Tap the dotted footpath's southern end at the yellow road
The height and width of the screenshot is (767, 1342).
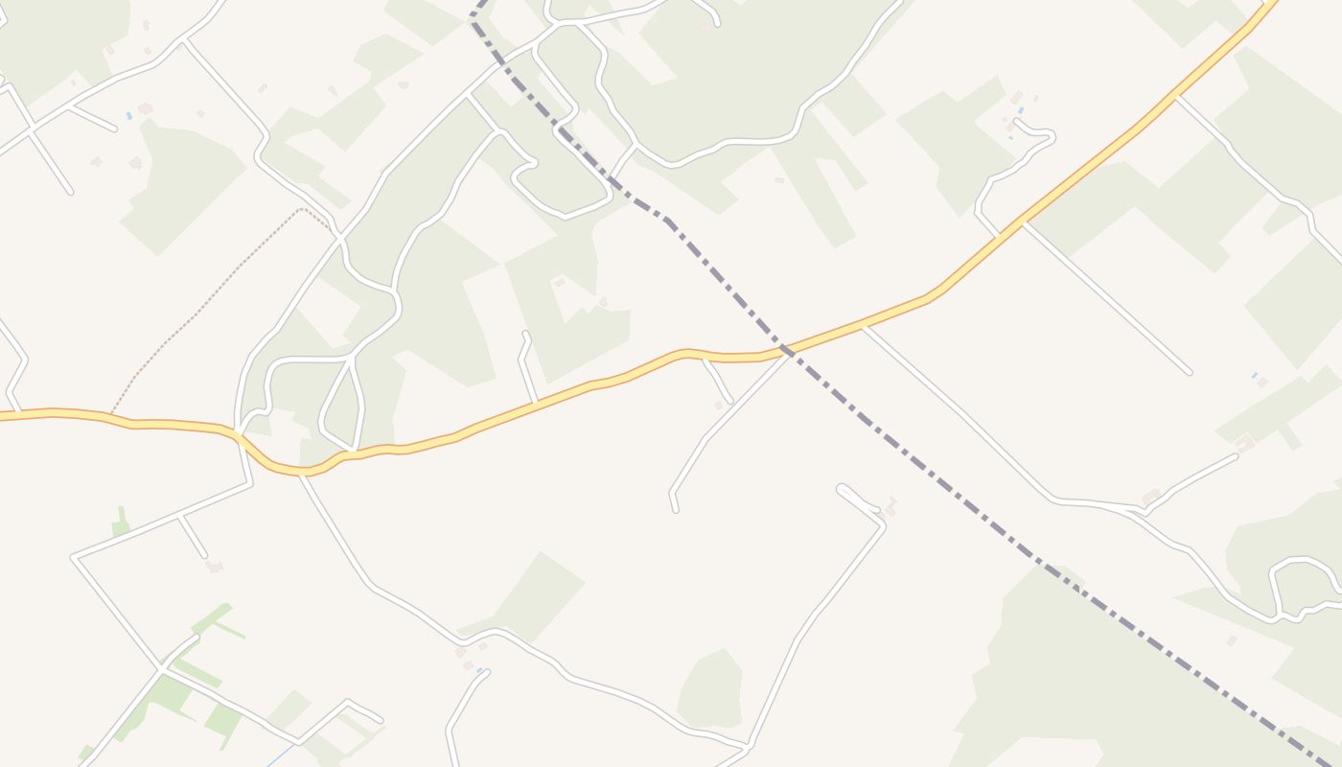111,415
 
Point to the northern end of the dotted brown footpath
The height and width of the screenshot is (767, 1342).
303,208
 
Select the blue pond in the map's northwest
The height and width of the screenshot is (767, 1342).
128,115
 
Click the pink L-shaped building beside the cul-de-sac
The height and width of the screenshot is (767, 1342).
891,505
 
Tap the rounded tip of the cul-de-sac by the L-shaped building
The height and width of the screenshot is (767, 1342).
842,489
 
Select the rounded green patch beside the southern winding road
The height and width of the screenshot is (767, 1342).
711,688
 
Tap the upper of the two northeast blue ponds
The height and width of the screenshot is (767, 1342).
1022,110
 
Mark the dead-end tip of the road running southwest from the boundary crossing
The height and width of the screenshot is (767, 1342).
675,509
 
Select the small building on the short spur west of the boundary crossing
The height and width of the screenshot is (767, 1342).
719,406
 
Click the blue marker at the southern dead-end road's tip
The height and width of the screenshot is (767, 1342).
478,671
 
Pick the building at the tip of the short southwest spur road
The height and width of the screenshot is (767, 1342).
214,567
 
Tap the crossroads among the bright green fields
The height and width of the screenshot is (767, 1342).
161,668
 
